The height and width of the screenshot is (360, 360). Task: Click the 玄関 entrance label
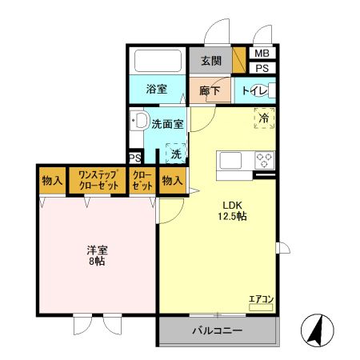(x=211, y=61)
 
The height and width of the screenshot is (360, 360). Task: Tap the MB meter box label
(x=262, y=54)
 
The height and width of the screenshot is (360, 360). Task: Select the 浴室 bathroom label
(x=156, y=89)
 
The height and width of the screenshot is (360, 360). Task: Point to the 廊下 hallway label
(x=209, y=90)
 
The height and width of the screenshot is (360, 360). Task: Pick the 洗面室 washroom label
(x=168, y=125)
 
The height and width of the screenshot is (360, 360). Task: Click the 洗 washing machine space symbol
(x=175, y=153)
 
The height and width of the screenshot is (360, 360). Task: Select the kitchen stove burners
(x=264, y=159)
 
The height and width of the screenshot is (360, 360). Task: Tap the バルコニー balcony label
(x=217, y=330)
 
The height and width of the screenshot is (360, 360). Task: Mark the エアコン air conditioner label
(x=261, y=299)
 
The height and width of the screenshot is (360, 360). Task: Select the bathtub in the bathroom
(x=157, y=62)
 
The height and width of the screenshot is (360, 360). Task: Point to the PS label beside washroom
(x=134, y=158)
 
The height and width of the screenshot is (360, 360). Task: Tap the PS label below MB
(x=262, y=68)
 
